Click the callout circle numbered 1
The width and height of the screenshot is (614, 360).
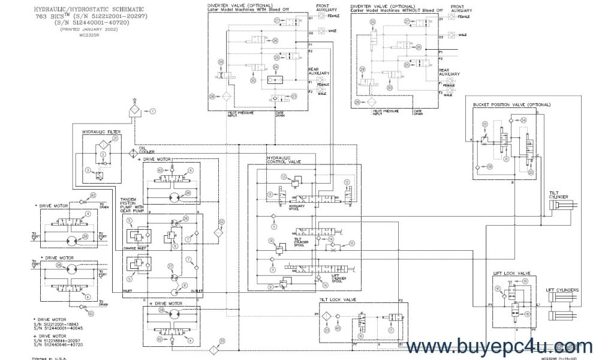pos(152,111)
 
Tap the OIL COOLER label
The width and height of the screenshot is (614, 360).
pos(147,150)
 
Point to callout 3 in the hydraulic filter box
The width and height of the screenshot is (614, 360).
pos(88,172)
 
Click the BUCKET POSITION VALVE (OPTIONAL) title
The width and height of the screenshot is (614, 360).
pos(511,104)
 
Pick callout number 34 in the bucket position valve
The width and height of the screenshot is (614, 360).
pos(523,120)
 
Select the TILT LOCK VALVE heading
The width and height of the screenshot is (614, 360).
pos(340,298)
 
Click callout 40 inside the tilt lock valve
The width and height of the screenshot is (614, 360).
pos(338,329)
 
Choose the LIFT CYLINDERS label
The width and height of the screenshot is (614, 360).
pos(562,290)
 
